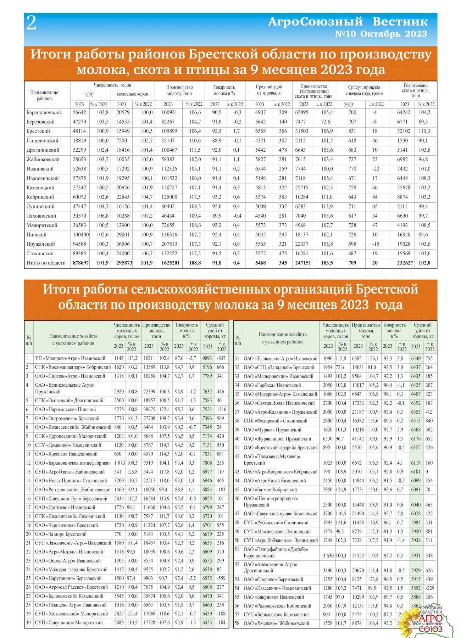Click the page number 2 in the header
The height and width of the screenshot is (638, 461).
[x=32, y=24]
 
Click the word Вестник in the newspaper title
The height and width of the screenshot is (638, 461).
[x=400, y=22]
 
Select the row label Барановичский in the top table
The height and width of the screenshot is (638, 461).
[x=44, y=112]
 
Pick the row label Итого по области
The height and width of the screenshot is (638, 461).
[x=46, y=263]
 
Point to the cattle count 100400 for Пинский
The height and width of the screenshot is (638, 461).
[x=79, y=235]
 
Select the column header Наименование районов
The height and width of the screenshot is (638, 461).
[x=44, y=95]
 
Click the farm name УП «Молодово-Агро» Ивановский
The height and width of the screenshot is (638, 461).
[x=70, y=358]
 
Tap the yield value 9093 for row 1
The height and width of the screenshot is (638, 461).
[x=207, y=358]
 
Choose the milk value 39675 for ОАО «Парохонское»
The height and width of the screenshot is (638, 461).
[x=149, y=409]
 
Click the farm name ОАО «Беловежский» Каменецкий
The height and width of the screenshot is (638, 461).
[x=69, y=596]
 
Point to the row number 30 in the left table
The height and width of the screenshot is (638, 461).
[x=28, y=622]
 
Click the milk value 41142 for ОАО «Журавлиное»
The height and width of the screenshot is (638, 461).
[x=358, y=438]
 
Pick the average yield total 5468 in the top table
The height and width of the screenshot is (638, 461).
[x=260, y=263]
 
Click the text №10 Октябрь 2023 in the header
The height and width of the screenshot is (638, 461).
[x=381, y=34]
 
